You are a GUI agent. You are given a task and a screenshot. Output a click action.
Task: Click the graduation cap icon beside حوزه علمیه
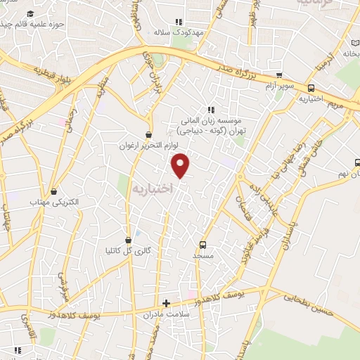tap(30, 13)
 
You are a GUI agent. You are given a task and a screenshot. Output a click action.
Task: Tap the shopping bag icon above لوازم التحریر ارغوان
tap(148, 134)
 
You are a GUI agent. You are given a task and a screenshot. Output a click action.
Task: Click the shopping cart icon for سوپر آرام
tap(280, 76)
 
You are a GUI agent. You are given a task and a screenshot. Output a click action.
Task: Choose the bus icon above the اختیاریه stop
tap(311, 88)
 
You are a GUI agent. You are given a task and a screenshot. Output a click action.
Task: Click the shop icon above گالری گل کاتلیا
tap(127, 239)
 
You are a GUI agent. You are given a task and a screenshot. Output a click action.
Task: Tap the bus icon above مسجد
tap(202, 245)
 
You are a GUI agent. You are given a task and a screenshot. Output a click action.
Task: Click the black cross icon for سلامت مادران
tap(166, 303)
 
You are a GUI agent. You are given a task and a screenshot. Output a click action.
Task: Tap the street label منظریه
tap(102, 88)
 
